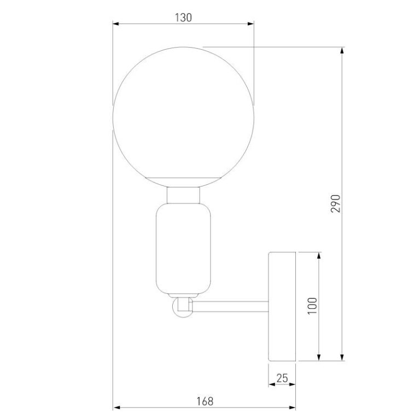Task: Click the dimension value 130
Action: click(184, 17)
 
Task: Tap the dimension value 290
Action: click(336, 203)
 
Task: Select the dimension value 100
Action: click(312, 306)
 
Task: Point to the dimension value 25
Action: click(282, 378)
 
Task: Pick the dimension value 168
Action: click(205, 401)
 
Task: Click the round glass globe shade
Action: click(184, 117)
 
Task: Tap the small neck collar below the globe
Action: click(184, 195)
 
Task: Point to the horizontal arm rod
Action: click(230, 307)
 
